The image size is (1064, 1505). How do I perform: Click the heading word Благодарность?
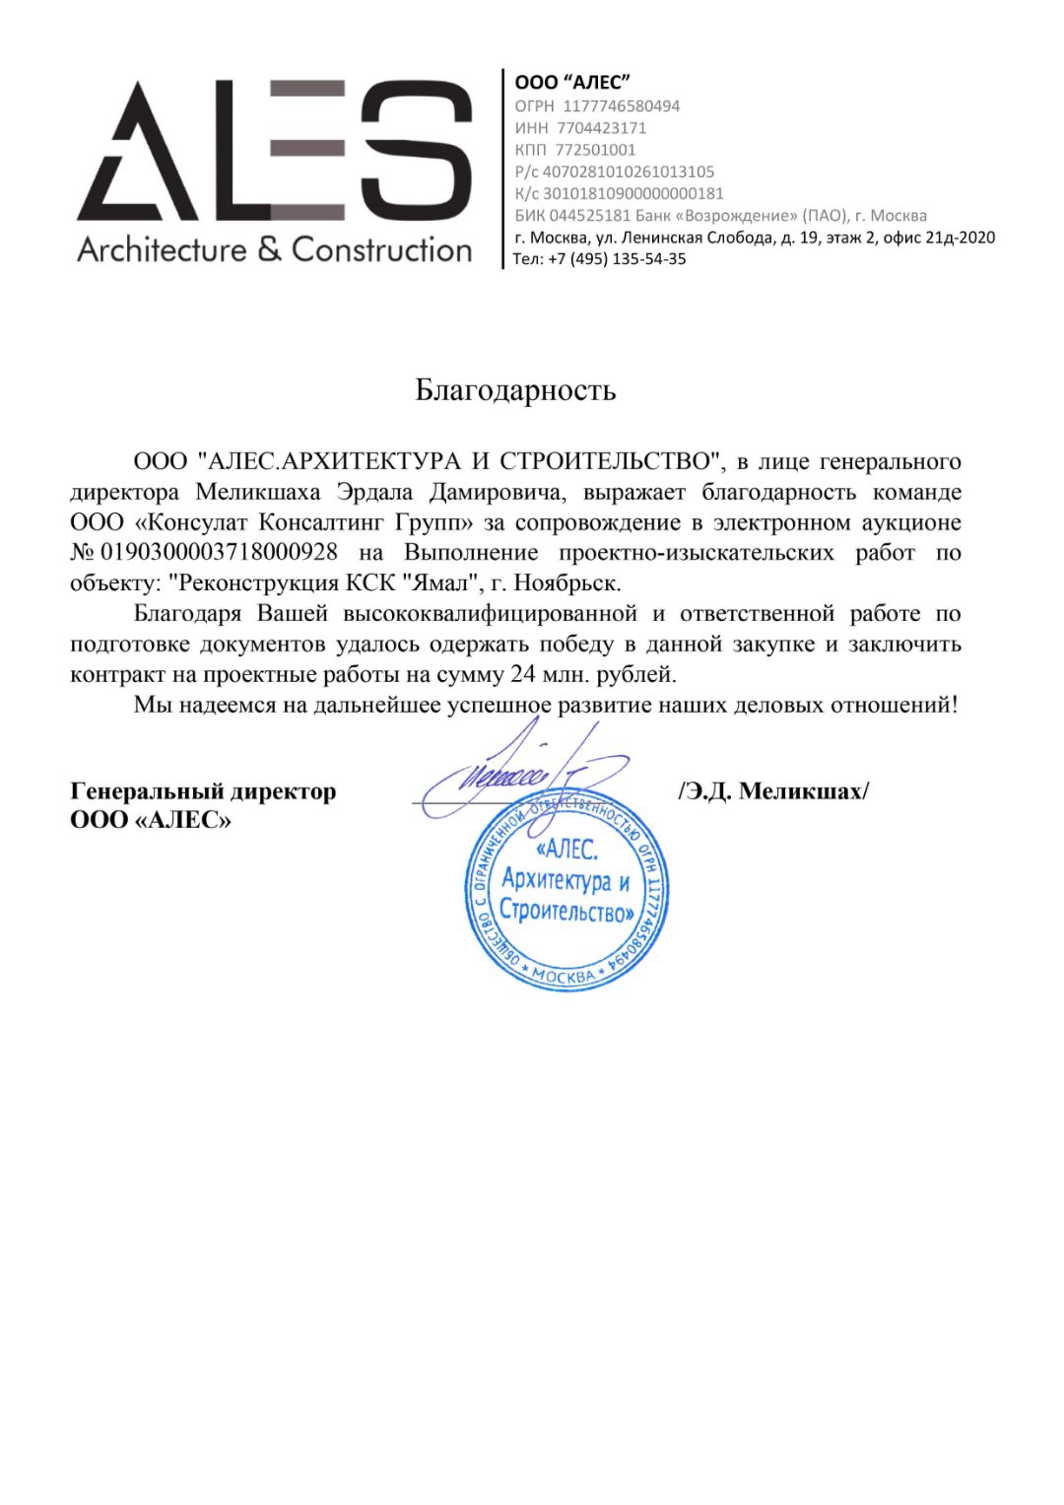point(515,390)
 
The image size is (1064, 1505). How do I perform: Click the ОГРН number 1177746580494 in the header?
point(621,105)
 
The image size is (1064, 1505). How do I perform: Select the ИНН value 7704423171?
point(601,128)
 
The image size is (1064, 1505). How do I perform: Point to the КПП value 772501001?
point(595,150)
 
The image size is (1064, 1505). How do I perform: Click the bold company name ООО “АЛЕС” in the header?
point(572,83)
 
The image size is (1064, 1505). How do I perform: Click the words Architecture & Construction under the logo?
point(275,249)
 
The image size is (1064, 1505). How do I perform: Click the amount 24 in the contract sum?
point(522,675)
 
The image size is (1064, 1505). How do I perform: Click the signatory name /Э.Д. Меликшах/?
point(773,791)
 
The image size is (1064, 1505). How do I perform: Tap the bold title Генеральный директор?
point(203,791)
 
